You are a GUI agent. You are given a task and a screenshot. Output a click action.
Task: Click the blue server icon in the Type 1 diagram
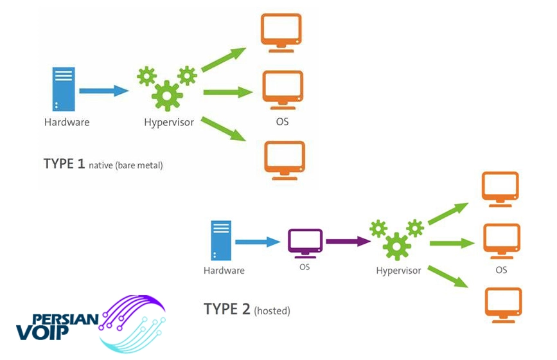[64, 89]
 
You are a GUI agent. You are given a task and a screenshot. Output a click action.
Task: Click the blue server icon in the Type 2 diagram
[221, 240]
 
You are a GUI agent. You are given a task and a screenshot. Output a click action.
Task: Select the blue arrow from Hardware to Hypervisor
[103, 91]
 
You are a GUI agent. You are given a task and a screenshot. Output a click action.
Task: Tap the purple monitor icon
[305, 244]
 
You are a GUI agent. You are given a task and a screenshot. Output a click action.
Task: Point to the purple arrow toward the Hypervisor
[348, 242]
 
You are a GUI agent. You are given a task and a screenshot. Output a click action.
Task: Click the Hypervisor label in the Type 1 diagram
[169, 123]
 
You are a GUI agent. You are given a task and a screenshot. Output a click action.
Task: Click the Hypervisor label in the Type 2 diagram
[398, 271]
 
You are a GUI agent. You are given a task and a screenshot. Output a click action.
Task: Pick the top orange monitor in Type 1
[281, 33]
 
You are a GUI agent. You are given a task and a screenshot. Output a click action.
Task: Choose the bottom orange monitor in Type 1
[285, 160]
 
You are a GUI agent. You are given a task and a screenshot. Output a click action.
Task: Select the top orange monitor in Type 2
[500, 189]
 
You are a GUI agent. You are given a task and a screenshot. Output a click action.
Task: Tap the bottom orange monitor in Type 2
[504, 305]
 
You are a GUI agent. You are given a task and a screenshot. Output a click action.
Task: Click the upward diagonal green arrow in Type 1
[224, 60]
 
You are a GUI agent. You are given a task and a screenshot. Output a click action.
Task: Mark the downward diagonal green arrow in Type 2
[448, 276]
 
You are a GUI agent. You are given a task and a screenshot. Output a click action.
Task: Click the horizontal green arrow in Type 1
[228, 93]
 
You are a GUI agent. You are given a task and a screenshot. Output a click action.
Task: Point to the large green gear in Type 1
[167, 96]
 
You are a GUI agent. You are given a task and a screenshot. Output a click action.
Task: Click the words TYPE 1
[64, 164]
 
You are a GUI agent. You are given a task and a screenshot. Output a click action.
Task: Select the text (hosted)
[272, 311]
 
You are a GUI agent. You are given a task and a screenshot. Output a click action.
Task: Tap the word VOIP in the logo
[42, 332]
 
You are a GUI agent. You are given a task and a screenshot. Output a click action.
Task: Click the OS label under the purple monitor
[305, 267]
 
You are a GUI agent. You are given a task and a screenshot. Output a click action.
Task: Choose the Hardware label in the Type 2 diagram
[224, 271]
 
